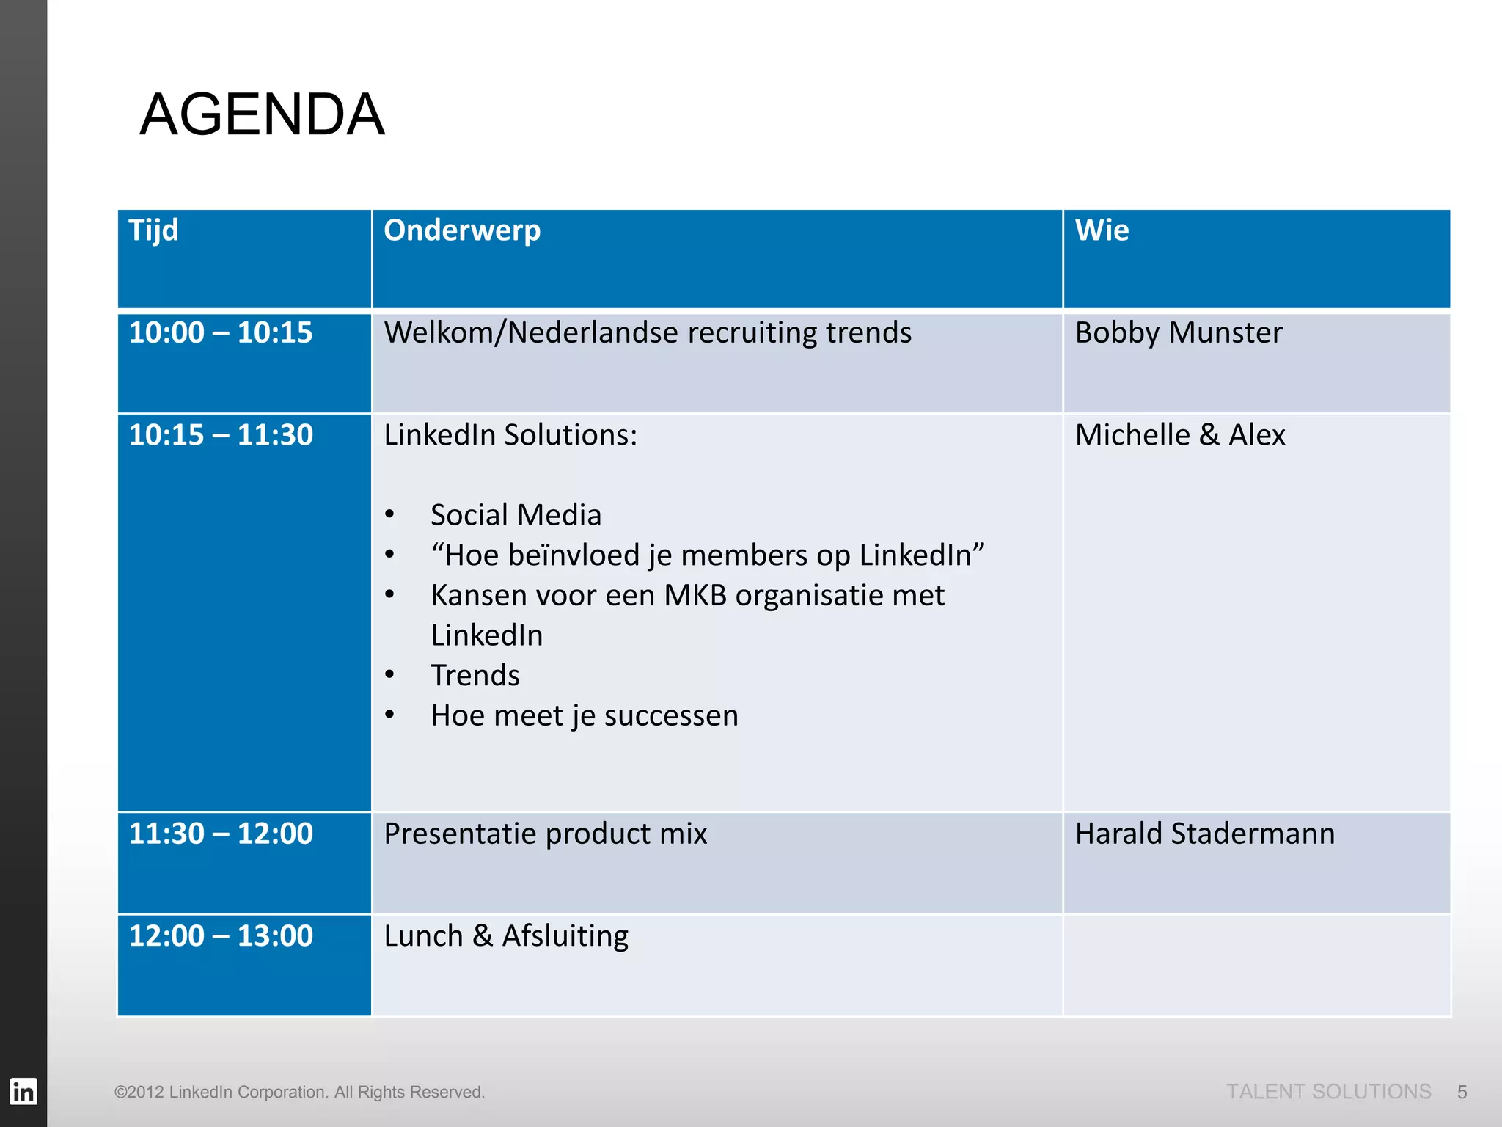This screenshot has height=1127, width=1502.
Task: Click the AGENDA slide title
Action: pos(262,114)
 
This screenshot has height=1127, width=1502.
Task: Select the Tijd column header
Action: pos(153,230)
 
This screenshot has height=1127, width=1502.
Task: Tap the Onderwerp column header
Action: pos(462,230)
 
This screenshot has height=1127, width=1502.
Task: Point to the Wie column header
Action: pos(1102,230)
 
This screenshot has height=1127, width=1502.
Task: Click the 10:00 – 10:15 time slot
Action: pos(221,332)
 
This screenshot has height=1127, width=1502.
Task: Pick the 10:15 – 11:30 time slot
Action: pos(221,435)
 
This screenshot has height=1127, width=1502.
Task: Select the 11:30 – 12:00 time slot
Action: pos(221,834)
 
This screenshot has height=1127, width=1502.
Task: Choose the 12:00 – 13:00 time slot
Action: pos(221,936)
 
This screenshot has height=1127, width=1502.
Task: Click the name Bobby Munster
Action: pos(1179,332)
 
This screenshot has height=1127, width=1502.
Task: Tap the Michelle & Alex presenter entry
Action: pos(1180,435)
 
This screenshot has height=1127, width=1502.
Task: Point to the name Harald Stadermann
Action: pos(1205,834)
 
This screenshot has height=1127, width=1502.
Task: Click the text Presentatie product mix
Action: pos(546,834)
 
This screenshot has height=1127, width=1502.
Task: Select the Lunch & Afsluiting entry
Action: pos(506,936)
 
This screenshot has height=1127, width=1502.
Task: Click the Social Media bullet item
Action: pos(516,515)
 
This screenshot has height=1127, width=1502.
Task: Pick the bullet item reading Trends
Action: pos(475,675)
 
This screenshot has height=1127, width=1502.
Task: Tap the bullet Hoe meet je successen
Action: pos(585,715)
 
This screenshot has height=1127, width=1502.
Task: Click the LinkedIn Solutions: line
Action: pos(510,435)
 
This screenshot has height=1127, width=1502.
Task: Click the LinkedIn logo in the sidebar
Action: pos(23,1092)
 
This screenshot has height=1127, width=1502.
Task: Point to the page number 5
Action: pos(1462,1093)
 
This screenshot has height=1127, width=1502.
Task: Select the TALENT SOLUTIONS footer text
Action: pos(1328,1092)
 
